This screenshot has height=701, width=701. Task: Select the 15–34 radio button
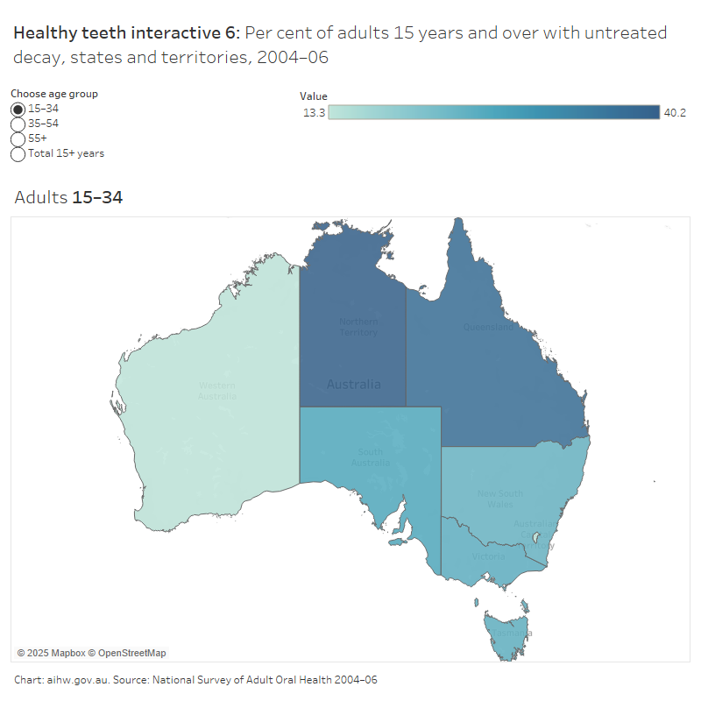(x=18, y=109)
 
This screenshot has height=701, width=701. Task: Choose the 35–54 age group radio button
(x=18, y=124)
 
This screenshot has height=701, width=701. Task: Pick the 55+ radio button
(x=18, y=138)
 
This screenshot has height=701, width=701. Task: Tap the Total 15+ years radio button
(x=18, y=154)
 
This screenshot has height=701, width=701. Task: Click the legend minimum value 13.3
(x=315, y=113)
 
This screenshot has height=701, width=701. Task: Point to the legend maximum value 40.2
(x=675, y=113)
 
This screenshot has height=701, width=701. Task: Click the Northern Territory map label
(x=358, y=327)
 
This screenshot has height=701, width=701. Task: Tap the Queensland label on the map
(x=487, y=328)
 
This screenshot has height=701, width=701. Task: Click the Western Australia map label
(x=216, y=391)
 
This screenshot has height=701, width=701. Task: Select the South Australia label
(x=370, y=457)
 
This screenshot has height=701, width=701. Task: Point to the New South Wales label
(x=500, y=499)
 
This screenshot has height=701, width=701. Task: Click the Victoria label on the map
(x=488, y=556)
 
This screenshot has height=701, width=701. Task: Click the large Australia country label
(x=353, y=385)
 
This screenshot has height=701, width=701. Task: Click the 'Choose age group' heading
(x=54, y=94)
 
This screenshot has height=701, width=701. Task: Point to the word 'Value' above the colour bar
(x=314, y=96)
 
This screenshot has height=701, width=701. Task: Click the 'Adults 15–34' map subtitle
(x=68, y=198)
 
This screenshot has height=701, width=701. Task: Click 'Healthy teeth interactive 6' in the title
(x=124, y=34)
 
